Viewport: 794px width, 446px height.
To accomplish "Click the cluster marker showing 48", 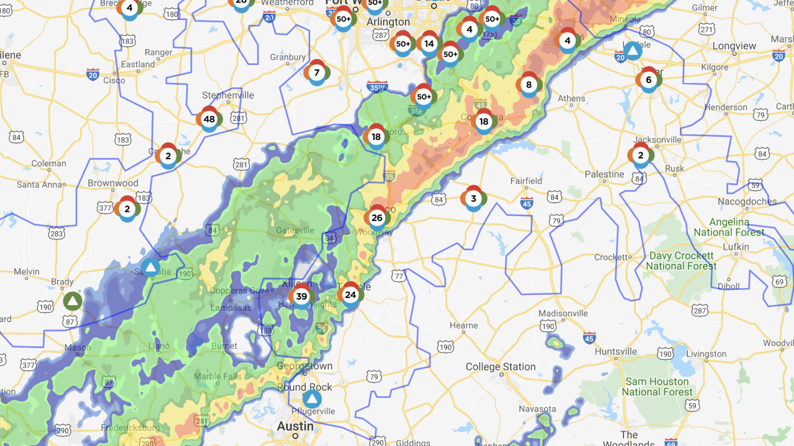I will pyautogui.click(x=209, y=120).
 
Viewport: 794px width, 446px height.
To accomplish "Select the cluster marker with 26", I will pyautogui.click(x=377, y=218).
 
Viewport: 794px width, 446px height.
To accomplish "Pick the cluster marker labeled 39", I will pyautogui.click(x=301, y=297).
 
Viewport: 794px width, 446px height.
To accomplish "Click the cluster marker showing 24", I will pyautogui.click(x=350, y=295).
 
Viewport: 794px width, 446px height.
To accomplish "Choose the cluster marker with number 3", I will pyautogui.click(x=473, y=199).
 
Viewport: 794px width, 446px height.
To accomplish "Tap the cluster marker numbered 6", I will pyautogui.click(x=648, y=80).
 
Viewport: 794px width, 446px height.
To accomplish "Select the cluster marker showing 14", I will pyautogui.click(x=429, y=44).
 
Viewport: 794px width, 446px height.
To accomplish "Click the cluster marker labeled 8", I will pyautogui.click(x=529, y=85).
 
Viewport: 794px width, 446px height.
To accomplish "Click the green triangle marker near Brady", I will pyautogui.click(x=73, y=302).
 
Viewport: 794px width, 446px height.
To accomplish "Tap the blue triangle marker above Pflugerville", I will pyautogui.click(x=312, y=399).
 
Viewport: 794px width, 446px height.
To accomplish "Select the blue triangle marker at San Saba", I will pyautogui.click(x=150, y=268).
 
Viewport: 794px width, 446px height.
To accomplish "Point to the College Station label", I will pyautogui.click(x=501, y=367).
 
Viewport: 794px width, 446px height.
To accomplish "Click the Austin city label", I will pyautogui.click(x=295, y=426).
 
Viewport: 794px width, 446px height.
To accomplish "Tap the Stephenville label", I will pyautogui.click(x=228, y=95).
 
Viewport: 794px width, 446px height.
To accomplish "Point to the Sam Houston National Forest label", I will pyautogui.click(x=658, y=387).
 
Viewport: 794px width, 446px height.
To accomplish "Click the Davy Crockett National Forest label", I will pyautogui.click(x=681, y=261).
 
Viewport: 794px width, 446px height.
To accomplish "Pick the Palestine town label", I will pyautogui.click(x=604, y=174).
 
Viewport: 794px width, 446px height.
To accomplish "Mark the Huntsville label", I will pyautogui.click(x=615, y=351).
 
